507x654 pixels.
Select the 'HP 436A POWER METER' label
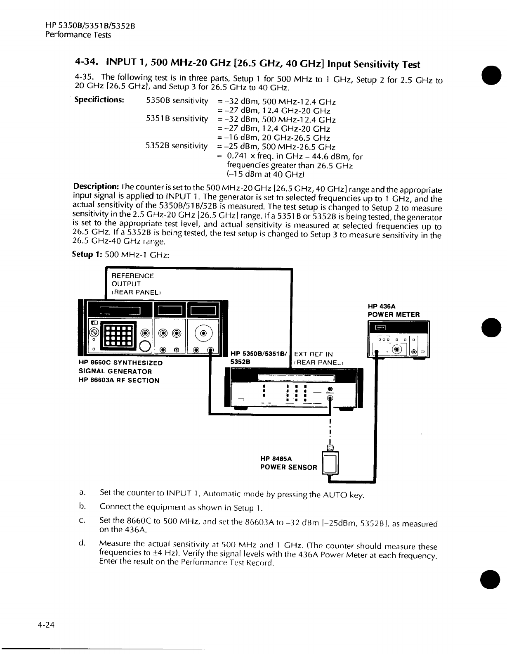coord(394,310)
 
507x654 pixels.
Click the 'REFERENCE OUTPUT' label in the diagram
coord(133,280)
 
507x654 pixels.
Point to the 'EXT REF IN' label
coord(313,354)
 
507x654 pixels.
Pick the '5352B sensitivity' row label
coord(177,146)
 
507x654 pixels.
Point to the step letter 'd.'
coord(82,543)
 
